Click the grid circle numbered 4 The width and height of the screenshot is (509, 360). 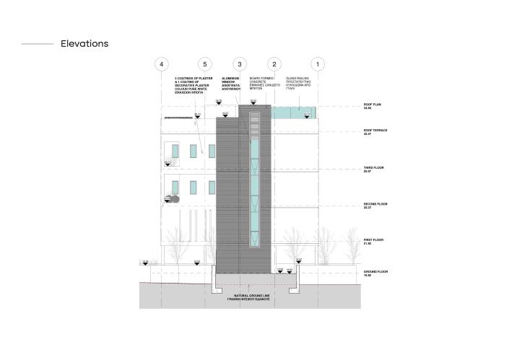coord(162,64)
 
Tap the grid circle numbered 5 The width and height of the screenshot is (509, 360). coord(205,64)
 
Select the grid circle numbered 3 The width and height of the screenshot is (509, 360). coord(240,64)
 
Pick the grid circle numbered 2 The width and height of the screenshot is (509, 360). coord(275,64)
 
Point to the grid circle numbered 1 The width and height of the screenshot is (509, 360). coord(319,64)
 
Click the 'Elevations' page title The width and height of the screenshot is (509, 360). coord(84,44)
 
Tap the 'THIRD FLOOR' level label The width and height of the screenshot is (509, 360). coord(374,169)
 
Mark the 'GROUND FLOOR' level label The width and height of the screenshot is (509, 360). coord(375,273)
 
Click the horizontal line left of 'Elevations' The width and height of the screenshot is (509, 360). coord(38,44)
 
